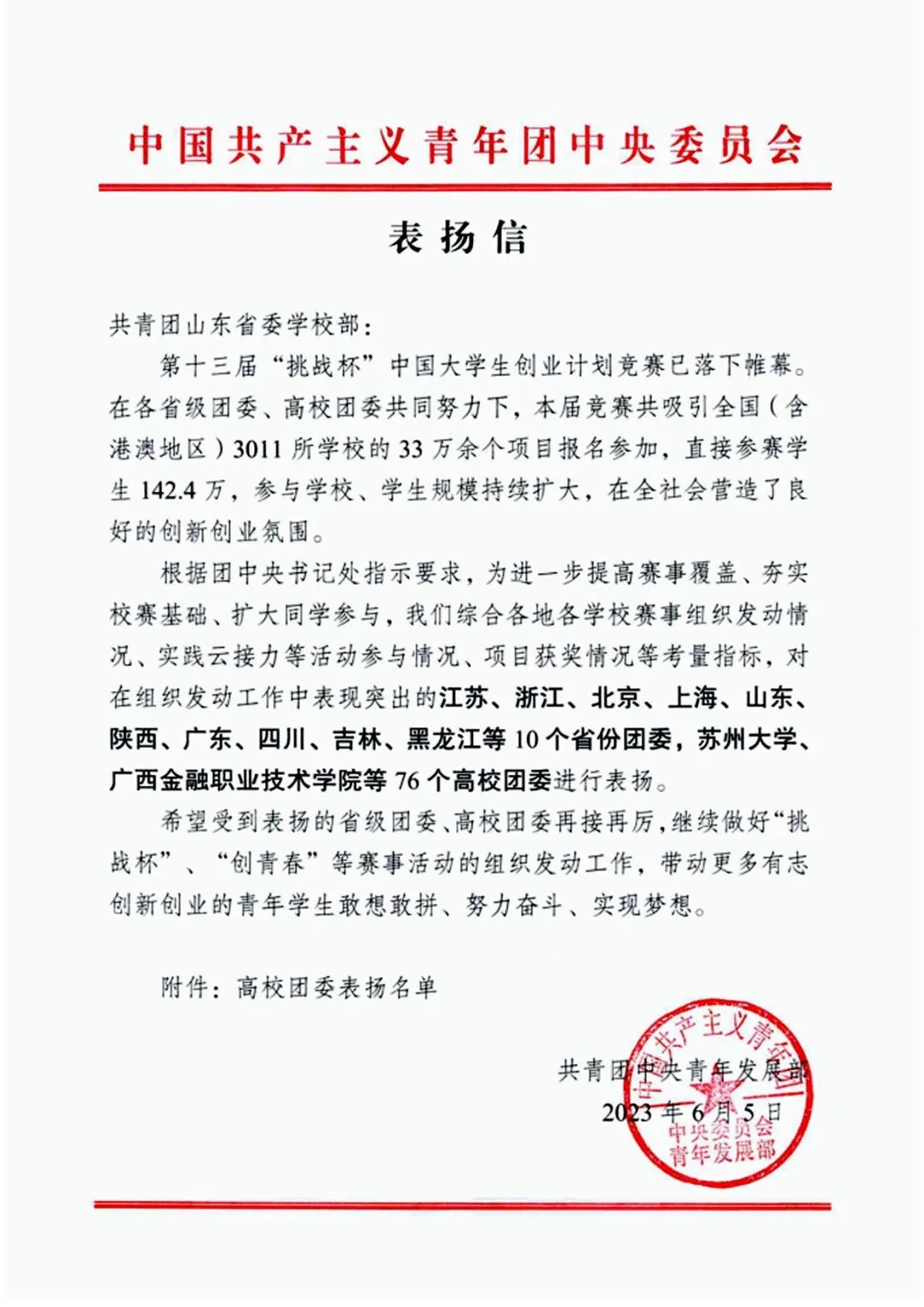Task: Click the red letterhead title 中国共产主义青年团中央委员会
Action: click(x=465, y=146)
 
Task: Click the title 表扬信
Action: click(x=459, y=237)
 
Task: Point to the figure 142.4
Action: click(x=167, y=490)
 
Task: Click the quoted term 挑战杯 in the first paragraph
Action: click(x=309, y=368)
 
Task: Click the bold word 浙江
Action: click(x=539, y=698)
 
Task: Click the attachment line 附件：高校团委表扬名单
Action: click(x=299, y=987)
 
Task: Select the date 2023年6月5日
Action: click(x=692, y=1112)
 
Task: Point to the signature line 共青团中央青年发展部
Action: click(x=684, y=1070)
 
